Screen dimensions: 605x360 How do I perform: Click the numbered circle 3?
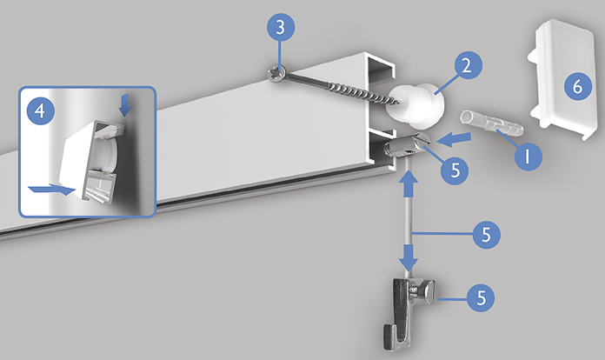[281, 27]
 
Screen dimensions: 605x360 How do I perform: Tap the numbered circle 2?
[468, 65]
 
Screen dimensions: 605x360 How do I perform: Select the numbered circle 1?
[529, 156]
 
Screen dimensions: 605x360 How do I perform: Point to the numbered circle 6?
[577, 86]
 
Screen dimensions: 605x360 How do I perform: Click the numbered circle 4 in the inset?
[40, 110]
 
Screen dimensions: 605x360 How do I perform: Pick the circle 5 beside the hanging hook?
[482, 297]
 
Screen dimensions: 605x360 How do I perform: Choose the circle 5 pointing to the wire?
[486, 234]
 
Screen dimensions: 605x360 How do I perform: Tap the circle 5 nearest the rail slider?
[455, 170]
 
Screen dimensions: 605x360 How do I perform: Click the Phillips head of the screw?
[276, 73]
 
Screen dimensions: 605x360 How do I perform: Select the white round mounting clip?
[416, 106]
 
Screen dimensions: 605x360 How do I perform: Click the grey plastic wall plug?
[492, 123]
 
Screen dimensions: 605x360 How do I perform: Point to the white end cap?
[564, 79]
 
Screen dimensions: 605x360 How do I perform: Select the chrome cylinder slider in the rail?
[407, 145]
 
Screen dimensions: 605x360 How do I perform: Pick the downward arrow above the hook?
[409, 257]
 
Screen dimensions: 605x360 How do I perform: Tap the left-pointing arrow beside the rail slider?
[454, 139]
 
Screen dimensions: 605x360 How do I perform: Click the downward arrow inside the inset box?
[124, 106]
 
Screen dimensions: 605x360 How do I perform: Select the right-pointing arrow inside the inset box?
[51, 190]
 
